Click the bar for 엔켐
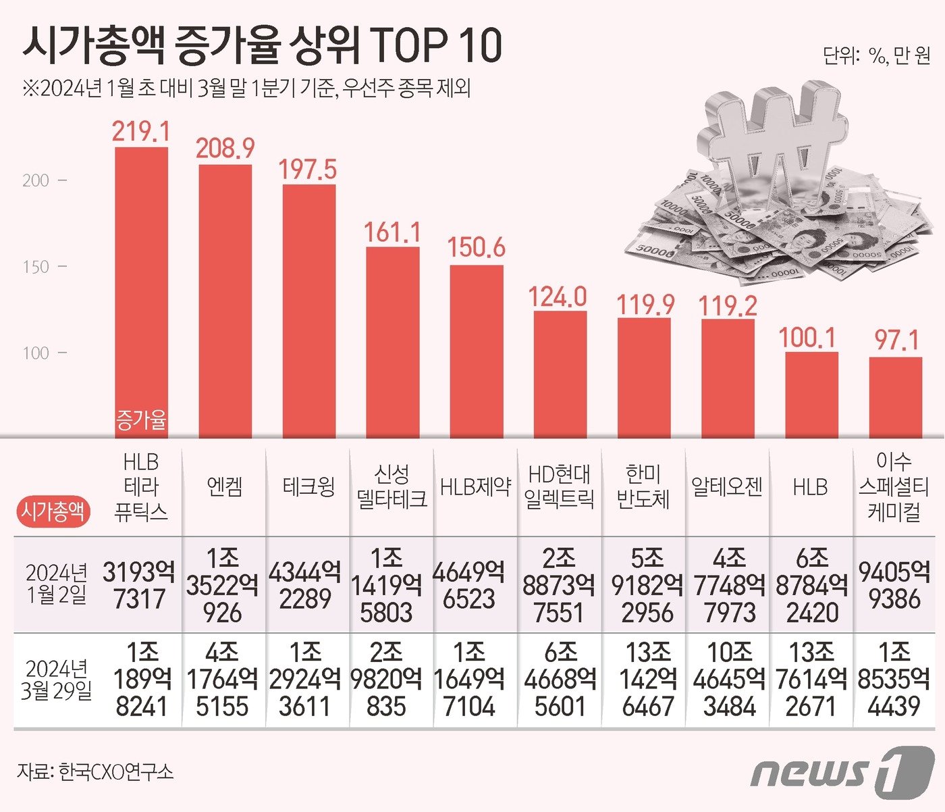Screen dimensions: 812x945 pyautogui.click(x=225, y=301)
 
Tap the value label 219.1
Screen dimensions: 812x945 pyautogui.click(x=141, y=131)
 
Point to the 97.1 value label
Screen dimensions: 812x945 pyautogui.click(x=896, y=340)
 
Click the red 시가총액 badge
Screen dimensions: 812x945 pyautogui.click(x=53, y=511)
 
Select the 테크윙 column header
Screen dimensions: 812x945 pyautogui.click(x=308, y=486)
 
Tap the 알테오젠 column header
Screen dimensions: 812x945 pyautogui.click(x=727, y=486)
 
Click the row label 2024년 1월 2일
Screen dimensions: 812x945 pyautogui.click(x=57, y=584)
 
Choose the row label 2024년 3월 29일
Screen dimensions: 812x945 pyautogui.click(x=57, y=680)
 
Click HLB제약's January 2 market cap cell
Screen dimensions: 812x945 pyautogui.click(x=468, y=585)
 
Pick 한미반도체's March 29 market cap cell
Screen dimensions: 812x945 pyautogui.click(x=646, y=680)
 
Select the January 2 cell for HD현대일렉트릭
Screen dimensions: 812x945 pyautogui.click(x=558, y=585)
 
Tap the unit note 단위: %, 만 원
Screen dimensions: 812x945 pyautogui.click(x=876, y=56)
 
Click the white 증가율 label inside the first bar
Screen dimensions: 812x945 pyautogui.click(x=141, y=420)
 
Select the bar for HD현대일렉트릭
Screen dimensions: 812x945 pyautogui.click(x=560, y=375)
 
